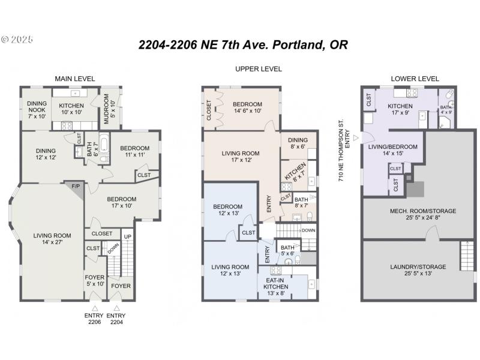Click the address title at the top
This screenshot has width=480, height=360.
(x=243, y=45)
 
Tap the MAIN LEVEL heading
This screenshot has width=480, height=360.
(x=75, y=79)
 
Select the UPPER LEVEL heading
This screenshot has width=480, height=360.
(x=259, y=69)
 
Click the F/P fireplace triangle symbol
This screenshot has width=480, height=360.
(x=76, y=187)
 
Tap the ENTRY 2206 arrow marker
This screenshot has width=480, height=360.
(x=93, y=308)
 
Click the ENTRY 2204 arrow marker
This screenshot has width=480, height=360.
(x=116, y=308)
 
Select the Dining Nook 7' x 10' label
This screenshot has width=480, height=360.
(x=37, y=109)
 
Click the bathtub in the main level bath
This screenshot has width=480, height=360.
(x=103, y=144)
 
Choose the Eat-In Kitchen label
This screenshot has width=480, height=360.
(x=276, y=283)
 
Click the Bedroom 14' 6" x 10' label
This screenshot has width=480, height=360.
(x=248, y=107)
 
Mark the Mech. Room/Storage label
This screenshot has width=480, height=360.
(x=415, y=214)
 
